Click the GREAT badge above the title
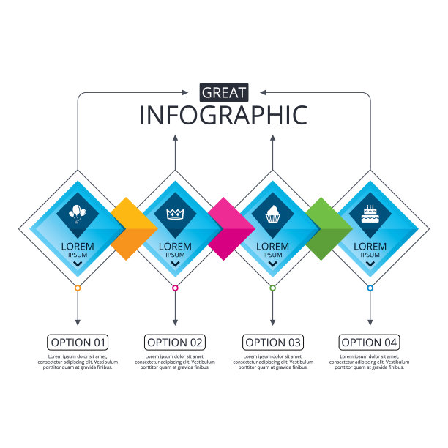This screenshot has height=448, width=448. [224, 92]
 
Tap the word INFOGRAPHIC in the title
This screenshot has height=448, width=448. [224, 116]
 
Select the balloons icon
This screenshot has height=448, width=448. [77, 214]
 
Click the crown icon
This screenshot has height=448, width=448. [174, 214]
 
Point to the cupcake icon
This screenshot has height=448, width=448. [272, 214]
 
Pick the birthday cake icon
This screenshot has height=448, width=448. [370, 213]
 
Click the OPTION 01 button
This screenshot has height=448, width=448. [78, 342]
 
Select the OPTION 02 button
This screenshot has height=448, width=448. [175, 342]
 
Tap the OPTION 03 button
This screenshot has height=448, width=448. [272, 342]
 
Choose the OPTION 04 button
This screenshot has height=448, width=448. [370, 342]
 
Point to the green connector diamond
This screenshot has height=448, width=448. [321, 228]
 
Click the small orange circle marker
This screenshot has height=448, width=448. [78, 288]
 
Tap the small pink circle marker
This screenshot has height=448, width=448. [175, 288]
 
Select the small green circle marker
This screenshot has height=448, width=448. [272, 288]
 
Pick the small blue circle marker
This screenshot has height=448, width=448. [370, 288]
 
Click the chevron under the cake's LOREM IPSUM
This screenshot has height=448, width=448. [370, 264]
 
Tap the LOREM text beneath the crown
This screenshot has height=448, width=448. [175, 247]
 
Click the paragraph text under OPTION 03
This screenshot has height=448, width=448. [272, 362]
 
